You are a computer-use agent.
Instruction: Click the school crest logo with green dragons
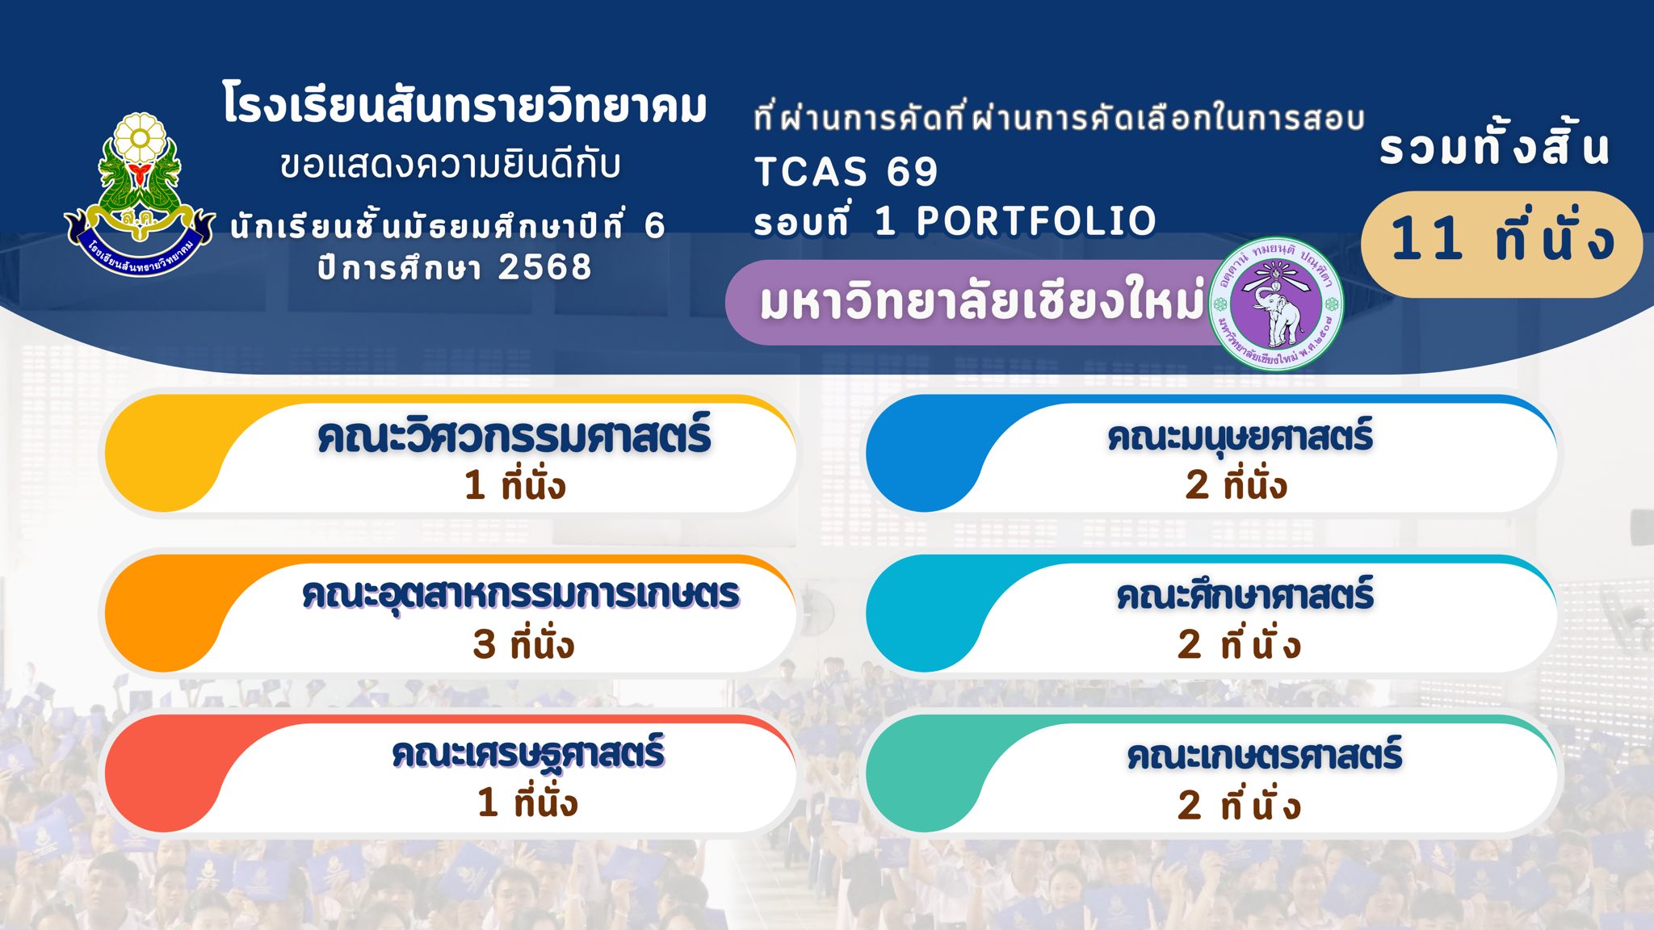140,194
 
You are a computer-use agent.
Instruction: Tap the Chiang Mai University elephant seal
1276,304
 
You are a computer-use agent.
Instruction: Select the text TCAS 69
846,171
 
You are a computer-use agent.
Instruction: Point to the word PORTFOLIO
1036,221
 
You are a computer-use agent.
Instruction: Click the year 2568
545,267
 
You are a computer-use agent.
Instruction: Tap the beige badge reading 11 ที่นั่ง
1501,242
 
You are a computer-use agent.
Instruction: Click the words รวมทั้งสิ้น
1494,148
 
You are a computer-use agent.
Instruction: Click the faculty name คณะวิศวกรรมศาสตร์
514,436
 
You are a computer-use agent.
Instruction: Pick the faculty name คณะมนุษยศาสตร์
1240,437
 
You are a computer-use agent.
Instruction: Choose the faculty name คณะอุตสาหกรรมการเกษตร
521,595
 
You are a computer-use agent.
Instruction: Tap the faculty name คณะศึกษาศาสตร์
1245,596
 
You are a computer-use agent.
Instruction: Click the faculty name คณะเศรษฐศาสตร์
528,754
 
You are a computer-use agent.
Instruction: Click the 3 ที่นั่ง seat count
523,644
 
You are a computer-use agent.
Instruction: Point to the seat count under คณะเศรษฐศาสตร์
527,802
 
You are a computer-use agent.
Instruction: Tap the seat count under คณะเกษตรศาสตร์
1239,805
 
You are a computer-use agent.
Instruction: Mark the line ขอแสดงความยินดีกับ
451,165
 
